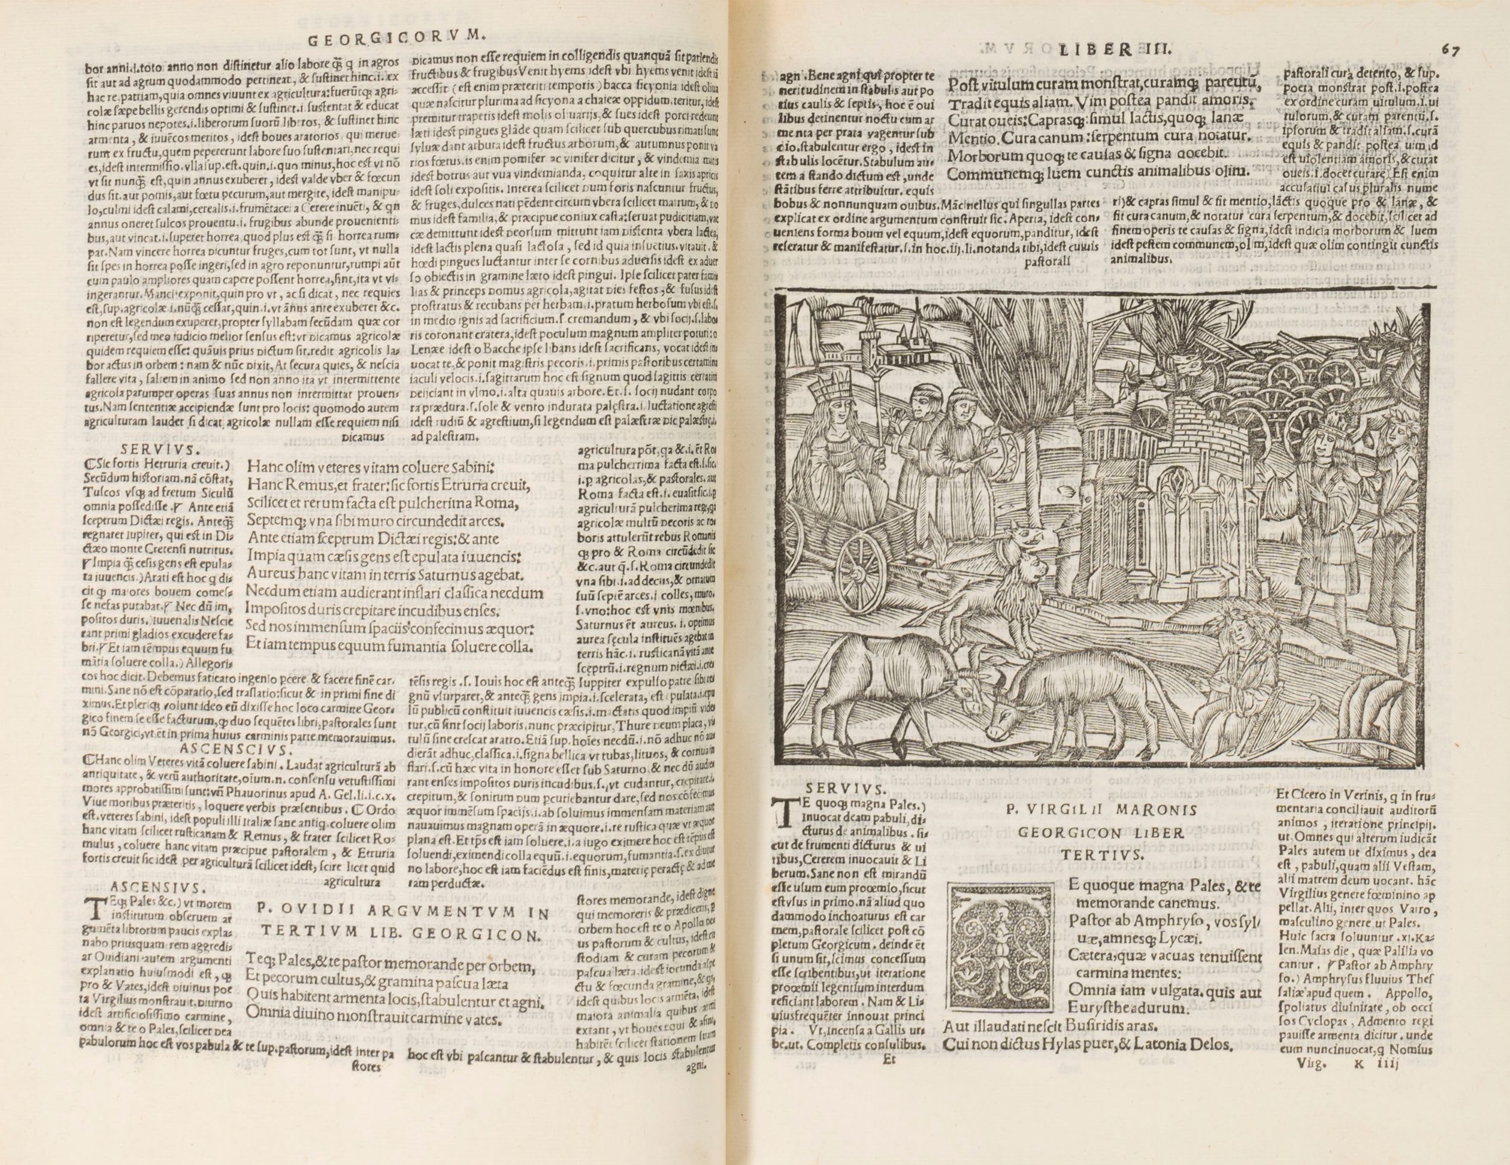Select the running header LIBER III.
(x=1097, y=50)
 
